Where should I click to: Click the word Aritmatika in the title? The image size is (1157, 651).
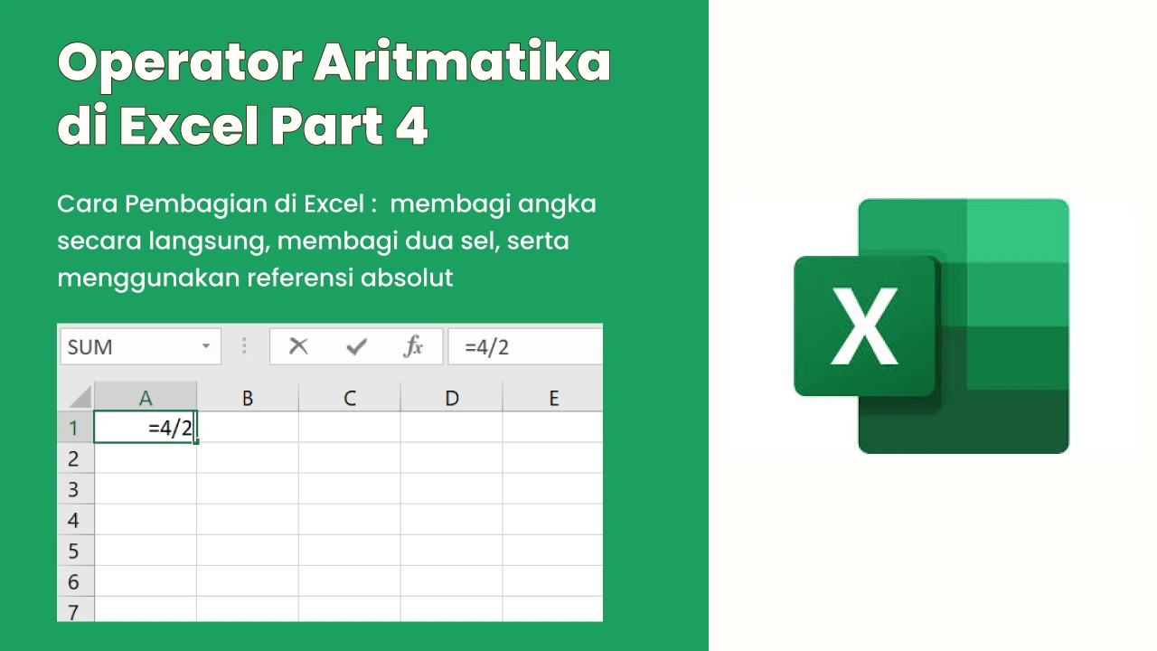point(463,62)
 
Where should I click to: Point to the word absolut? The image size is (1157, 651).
point(407,278)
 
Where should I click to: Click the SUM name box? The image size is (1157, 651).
point(140,346)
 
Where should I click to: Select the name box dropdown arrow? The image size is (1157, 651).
point(206,345)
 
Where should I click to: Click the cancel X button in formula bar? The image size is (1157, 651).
point(298,346)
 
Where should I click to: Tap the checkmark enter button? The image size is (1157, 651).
point(356,346)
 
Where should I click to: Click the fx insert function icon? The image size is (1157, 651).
point(413,346)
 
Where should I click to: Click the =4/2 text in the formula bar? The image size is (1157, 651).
point(486,347)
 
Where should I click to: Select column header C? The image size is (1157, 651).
point(350,397)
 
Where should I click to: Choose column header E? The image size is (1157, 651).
point(552,397)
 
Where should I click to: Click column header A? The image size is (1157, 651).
point(146,397)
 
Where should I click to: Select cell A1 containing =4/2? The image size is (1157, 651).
point(146,428)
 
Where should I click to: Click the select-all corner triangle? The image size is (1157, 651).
point(80,398)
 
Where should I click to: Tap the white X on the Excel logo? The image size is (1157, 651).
point(864,326)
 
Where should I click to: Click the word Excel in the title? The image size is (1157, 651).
point(189,126)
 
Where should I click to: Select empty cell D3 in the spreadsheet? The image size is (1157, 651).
point(451,489)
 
